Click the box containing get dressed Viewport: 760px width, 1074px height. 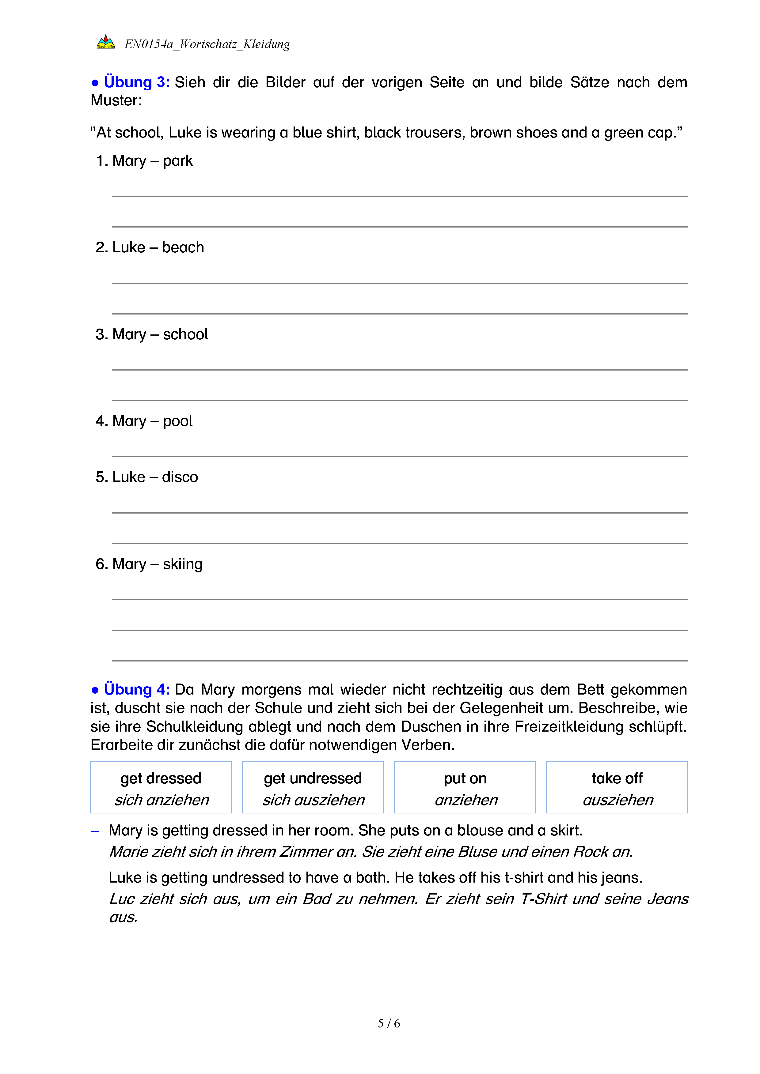(161, 787)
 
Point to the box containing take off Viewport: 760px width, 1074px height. (617, 787)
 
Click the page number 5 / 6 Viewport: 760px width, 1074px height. (389, 1023)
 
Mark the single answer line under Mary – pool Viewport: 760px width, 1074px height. (400, 456)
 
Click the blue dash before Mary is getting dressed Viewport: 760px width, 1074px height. (95, 831)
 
